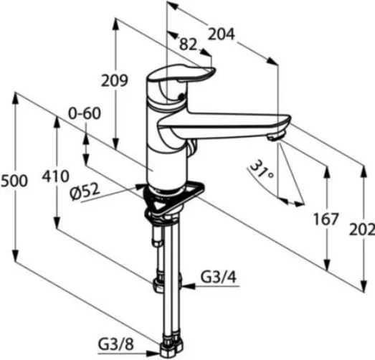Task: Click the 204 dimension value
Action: click(222, 34)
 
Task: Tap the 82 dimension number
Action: click(189, 44)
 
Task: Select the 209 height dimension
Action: click(114, 80)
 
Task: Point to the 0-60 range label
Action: click(85, 113)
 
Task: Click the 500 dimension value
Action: click(14, 181)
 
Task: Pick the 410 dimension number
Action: click(55, 176)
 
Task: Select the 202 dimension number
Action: click(362, 230)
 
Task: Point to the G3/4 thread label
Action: click(219, 278)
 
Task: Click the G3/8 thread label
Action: click(116, 345)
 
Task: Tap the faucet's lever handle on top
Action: click(181, 74)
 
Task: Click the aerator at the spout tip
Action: click(275, 137)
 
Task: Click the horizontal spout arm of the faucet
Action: click(224, 124)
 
